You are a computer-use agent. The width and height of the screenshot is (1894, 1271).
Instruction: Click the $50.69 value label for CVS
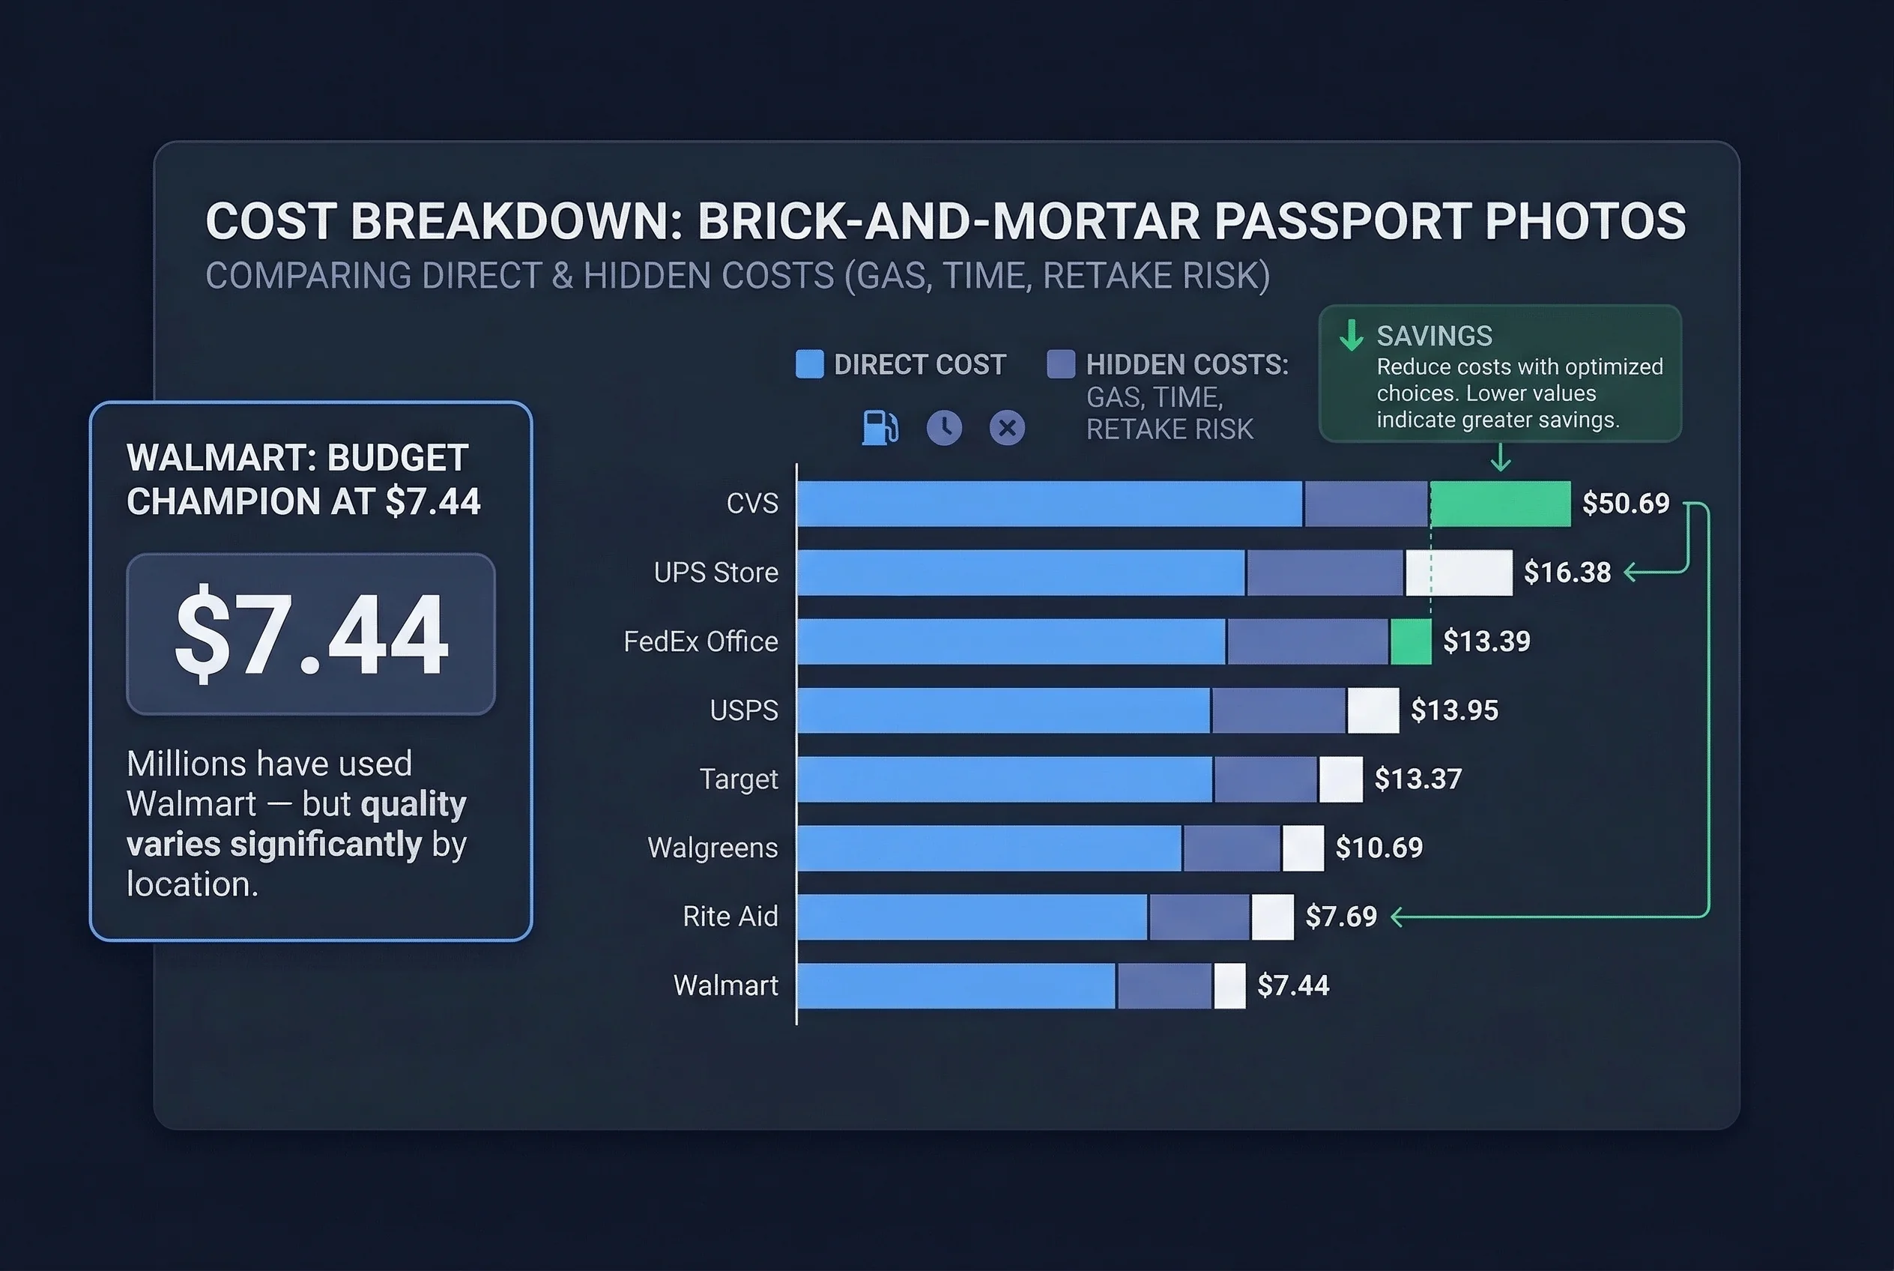pyautogui.click(x=1625, y=504)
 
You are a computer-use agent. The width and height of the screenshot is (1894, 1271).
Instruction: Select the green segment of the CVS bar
pyautogui.click(x=1500, y=504)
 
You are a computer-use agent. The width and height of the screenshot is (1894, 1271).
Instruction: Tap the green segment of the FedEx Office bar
pyautogui.click(x=1411, y=641)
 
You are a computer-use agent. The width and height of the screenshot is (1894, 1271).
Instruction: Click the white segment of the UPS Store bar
pyautogui.click(x=1459, y=573)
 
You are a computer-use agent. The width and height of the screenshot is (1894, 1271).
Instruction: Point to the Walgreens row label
pyautogui.click(x=712, y=848)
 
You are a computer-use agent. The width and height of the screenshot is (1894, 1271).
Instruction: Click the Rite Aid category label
pyautogui.click(x=730, y=917)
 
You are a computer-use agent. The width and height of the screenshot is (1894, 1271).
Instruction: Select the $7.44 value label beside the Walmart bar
pyautogui.click(x=1292, y=985)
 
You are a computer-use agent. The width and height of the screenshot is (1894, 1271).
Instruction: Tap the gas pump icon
pyautogui.click(x=880, y=427)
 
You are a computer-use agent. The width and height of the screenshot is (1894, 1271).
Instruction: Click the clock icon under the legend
pyautogui.click(x=944, y=427)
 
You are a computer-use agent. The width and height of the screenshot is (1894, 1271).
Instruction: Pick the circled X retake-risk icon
pyautogui.click(x=1008, y=427)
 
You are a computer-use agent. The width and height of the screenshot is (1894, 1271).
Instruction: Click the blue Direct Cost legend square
pyautogui.click(x=810, y=364)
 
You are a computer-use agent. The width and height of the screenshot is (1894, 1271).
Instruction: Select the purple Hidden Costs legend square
pyautogui.click(x=1061, y=364)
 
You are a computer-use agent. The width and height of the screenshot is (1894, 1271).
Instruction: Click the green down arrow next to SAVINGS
pyautogui.click(x=1351, y=335)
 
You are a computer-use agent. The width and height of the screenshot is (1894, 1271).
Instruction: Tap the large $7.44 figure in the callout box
pyautogui.click(x=311, y=633)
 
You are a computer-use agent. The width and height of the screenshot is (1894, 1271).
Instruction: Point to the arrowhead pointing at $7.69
pyautogui.click(x=1397, y=917)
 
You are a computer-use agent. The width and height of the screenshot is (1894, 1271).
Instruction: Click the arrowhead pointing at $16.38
pyautogui.click(x=1630, y=573)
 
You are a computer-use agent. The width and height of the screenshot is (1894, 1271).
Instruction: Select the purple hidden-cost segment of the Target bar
pyautogui.click(x=1265, y=779)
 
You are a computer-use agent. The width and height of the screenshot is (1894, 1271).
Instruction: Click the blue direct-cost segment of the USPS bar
pyautogui.click(x=1003, y=710)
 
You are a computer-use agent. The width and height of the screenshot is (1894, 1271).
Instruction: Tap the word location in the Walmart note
pyautogui.click(x=191, y=884)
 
